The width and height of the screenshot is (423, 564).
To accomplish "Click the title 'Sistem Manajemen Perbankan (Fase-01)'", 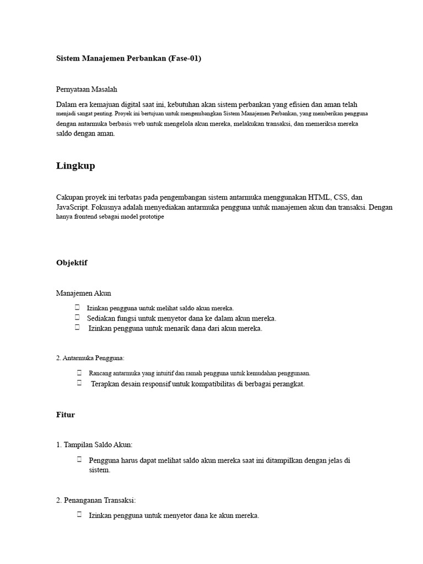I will [x=129, y=58].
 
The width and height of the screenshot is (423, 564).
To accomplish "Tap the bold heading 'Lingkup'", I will [x=75, y=166].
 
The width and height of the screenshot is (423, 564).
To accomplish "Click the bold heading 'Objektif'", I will [x=72, y=263].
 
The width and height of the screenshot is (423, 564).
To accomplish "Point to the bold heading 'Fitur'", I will [x=66, y=415].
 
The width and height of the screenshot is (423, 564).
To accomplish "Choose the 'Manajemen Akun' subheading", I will [x=84, y=293].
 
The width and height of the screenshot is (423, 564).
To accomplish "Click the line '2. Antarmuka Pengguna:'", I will [x=90, y=358].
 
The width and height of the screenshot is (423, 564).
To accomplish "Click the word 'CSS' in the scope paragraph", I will [x=343, y=197].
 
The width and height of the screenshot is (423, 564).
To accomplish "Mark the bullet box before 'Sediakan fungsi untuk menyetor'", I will [x=78, y=318].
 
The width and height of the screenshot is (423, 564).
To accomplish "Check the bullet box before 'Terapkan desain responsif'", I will [x=80, y=383].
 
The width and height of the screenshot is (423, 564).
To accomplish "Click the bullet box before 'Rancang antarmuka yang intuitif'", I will [x=80, y=373].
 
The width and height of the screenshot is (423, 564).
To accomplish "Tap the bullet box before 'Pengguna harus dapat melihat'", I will [x=80, y=459].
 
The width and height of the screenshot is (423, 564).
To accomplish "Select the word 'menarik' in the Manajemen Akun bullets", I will [x=171, y=329].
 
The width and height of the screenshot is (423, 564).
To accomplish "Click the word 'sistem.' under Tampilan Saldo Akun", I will [x=100, y=470].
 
